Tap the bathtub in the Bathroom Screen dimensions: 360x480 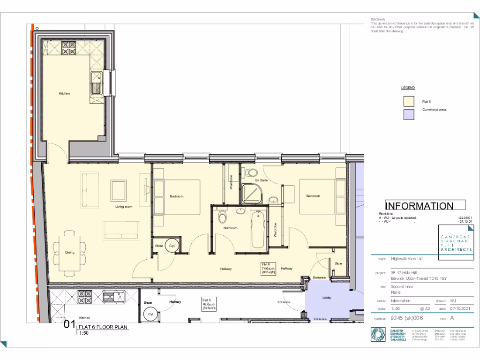pyautogui.click(x=257, y=230)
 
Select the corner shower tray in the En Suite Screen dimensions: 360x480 pyautogui.click(x=252, y=193)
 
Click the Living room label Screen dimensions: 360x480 pyautogui.click(x=124, y=206)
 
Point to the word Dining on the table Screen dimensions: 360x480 pyautogui.click(x=70, y=253)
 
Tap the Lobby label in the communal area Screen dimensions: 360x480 pyautogui.click(x=327, y=298)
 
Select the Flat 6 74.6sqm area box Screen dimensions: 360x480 pyautogui.click(x=271, y=268)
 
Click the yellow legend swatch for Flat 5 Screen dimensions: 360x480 pyautogui.click(x=409, y=102)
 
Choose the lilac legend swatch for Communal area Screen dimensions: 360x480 pyautogui.click(x=409, y=114)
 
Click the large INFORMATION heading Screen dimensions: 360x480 pyautogui.click(x=419, y=206)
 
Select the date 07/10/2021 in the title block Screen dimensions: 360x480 pyautogui.click(x=462, y=308)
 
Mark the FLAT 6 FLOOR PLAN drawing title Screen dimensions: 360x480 pyautogui.click(x=102, y=327)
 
